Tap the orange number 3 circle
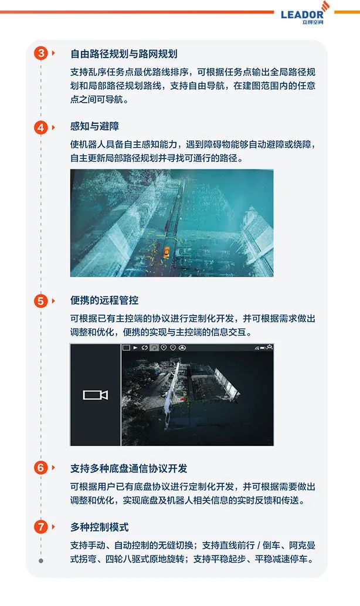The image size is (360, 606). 41,53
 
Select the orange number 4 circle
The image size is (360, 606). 41,127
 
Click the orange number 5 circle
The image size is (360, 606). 41,301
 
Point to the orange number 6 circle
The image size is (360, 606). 41,468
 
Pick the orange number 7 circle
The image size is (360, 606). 41,527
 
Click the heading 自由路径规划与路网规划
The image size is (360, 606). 124,54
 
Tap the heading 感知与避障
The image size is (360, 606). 94,126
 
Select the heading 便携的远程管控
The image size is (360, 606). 104,300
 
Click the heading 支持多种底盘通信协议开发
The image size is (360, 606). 128,468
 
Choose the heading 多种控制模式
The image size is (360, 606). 99,527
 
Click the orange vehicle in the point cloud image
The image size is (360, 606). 167,252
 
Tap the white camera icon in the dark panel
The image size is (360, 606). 96,395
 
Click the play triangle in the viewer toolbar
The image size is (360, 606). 135,348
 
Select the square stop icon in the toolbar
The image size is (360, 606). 126,348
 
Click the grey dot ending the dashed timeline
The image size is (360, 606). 41,561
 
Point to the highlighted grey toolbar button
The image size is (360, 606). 154,348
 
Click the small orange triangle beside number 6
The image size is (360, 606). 53,468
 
